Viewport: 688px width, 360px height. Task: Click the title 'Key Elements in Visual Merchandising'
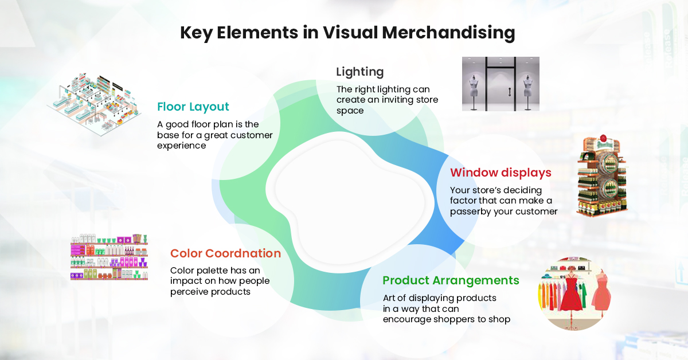point(347,33)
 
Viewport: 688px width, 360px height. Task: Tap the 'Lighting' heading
point(359,72)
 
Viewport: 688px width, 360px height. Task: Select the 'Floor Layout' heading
point(193,107)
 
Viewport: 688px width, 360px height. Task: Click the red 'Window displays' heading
point(501,173)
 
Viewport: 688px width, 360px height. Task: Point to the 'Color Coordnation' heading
point(225,253)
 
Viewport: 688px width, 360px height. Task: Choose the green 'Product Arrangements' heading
point(451,280)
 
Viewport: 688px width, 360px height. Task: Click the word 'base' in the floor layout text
point(170,135)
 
